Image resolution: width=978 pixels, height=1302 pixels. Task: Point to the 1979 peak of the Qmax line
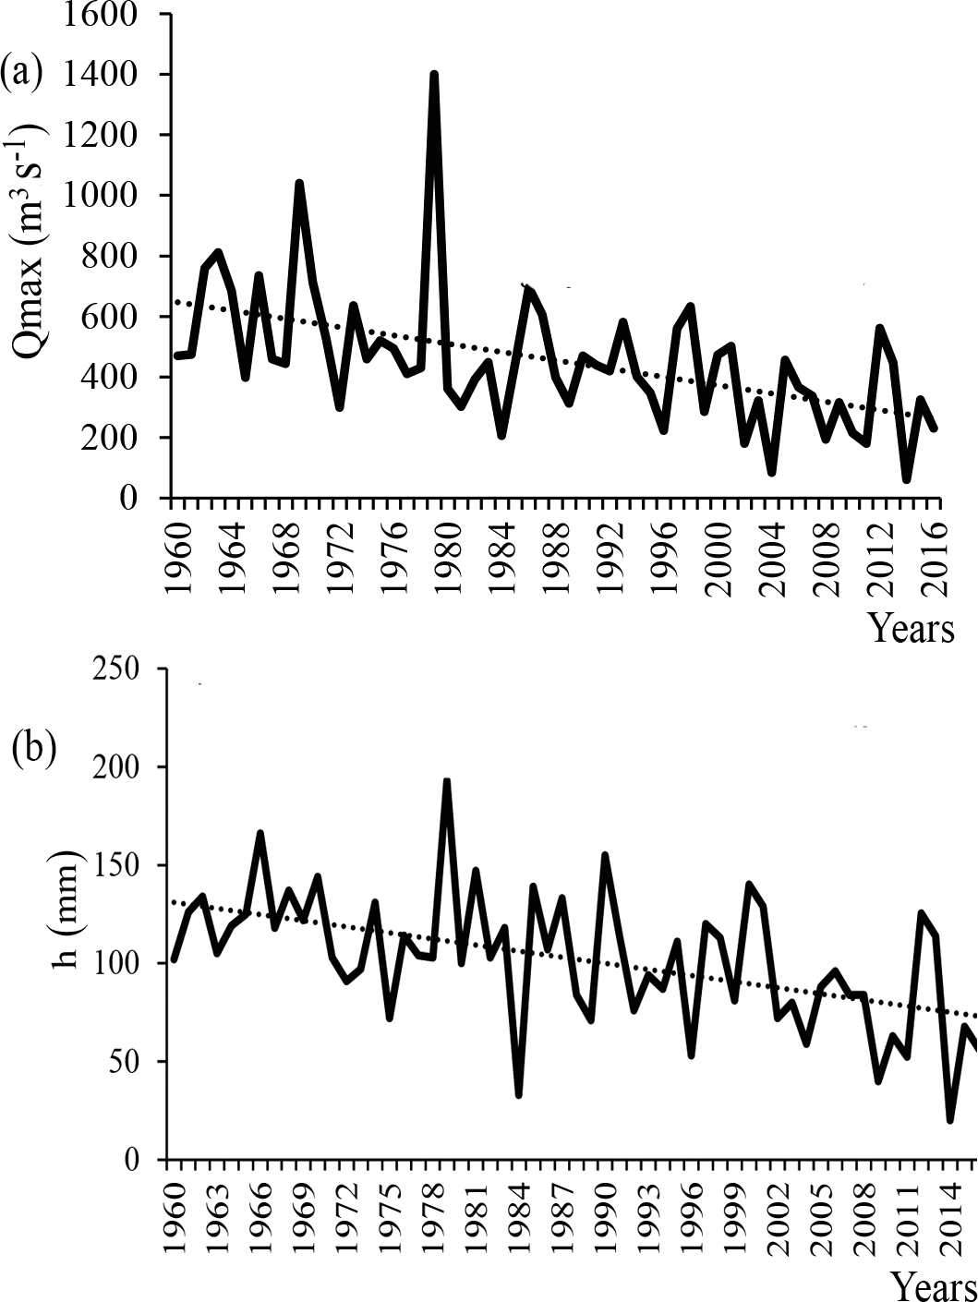coord(434,75)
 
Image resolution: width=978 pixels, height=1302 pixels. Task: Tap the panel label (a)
coord(22,71)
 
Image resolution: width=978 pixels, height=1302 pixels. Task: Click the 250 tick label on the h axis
coord(121,669)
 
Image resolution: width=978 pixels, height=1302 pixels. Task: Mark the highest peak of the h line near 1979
coord(447,782)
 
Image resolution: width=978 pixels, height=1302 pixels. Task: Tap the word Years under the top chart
coord(911,628)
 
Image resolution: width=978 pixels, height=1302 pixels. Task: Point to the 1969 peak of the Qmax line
coord(299,184)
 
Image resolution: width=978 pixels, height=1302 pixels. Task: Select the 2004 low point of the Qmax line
coord(771,473)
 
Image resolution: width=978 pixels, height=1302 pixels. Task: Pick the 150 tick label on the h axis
coord(121,865)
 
